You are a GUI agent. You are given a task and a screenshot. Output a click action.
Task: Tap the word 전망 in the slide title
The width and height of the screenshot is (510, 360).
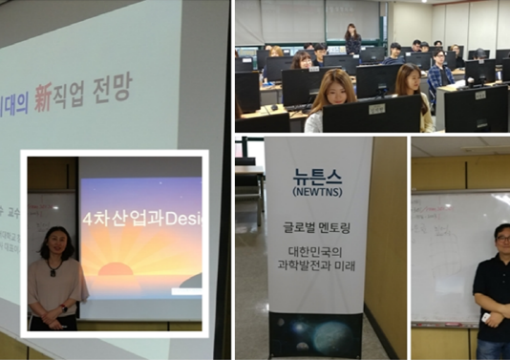[x=114, y=89]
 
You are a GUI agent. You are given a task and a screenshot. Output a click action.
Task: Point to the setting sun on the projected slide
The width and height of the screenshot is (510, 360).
[x=116, y=269]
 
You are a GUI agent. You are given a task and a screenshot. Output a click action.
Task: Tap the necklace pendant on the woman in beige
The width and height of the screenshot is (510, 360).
[x=53, y=271]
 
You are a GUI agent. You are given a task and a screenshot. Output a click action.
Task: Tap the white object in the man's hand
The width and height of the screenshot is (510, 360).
[x=485, y=316]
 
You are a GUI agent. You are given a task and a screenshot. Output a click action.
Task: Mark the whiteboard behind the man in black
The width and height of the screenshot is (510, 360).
[x=449, y=258]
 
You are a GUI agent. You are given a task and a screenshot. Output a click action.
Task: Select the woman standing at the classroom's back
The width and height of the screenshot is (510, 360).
[x=352, y=38]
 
